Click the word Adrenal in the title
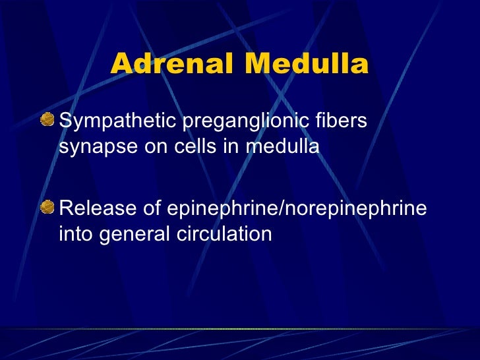[171, 65]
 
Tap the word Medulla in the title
[306, 65]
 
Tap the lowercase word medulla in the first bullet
[283, 146]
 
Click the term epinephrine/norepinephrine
[296, 210]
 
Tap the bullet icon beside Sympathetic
[48, 120]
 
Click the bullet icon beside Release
[48, 208]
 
